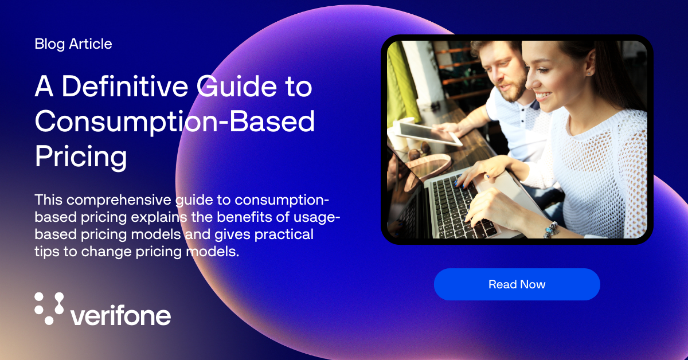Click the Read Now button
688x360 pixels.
(517, 284)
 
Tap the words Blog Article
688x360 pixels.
(73, 44)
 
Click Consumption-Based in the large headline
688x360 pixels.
(175, 121)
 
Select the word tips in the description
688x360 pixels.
(45, 252)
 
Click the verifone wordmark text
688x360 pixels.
(121, 315)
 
